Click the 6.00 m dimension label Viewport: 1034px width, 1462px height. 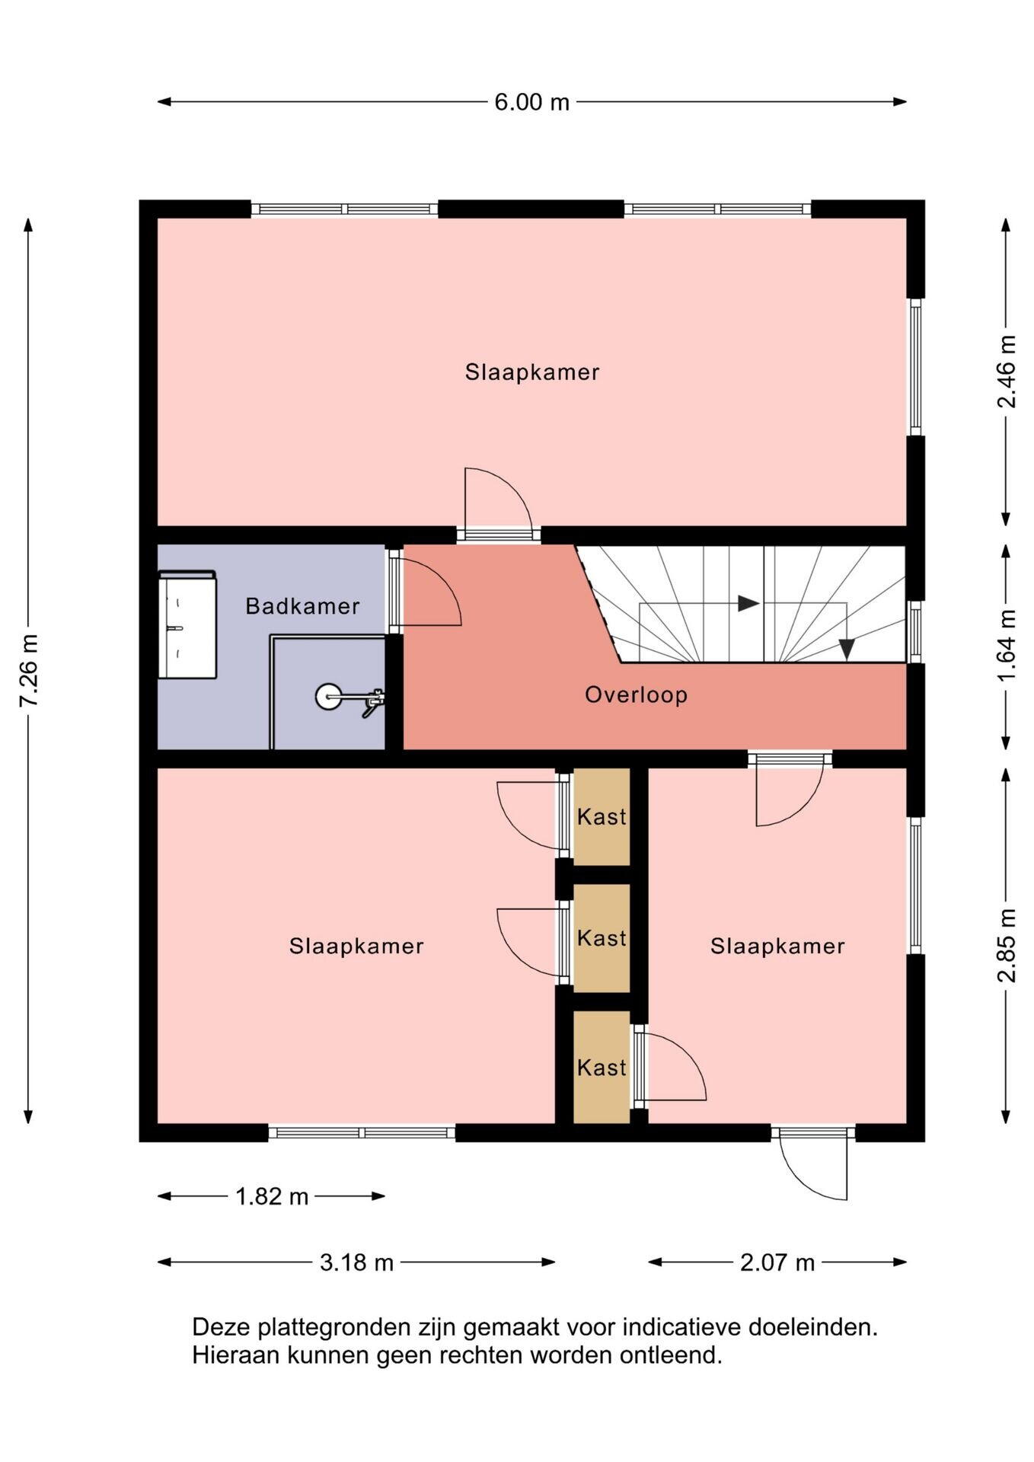coord(531,102)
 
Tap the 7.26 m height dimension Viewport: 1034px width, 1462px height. coord(29,670)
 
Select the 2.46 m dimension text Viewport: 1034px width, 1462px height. coord(1006,372)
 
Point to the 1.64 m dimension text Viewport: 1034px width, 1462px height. coord(1006,646)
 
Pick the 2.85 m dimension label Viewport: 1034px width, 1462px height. coord(1006,946)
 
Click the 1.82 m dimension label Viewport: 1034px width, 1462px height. coord(272,1196)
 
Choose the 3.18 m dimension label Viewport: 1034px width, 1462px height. coord(356,1262)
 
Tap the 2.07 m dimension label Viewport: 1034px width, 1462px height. coord(777,1262)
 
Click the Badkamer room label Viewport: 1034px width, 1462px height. coord(302,606)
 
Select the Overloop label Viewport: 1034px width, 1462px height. coord(637,694)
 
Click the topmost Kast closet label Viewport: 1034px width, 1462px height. coord(602,816)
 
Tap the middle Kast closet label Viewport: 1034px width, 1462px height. coord(602,937)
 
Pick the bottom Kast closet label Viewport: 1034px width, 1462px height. coord(602,1067)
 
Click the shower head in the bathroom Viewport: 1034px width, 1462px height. coord(329,696)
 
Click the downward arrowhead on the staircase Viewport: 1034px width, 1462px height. coord(846,649)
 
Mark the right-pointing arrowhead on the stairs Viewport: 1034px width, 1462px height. coord(748,604)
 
